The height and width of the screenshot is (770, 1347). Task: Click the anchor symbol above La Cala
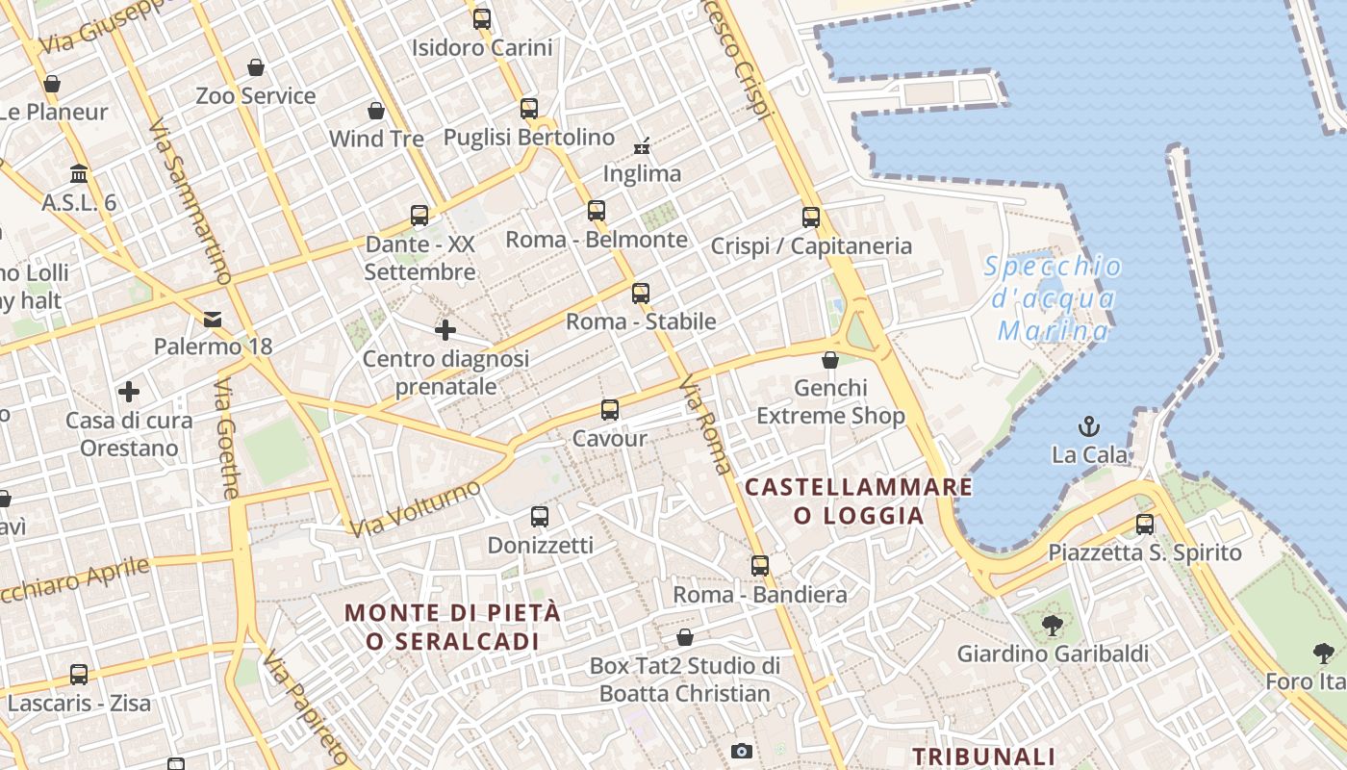(x=1089, y=425)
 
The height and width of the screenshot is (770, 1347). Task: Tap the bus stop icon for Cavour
(x=609, y=410)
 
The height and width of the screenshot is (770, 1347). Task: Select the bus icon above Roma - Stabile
(x=641, y=294)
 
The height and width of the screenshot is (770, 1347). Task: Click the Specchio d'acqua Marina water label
(x=1054, y=298)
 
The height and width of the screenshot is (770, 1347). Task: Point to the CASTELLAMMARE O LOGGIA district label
(x=859, y=500)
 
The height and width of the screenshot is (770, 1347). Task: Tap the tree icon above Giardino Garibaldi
(x=1052, y=626)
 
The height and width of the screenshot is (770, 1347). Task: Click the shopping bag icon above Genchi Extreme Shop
(x=830, y=360)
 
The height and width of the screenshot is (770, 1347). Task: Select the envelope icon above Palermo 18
(x=213, y=319)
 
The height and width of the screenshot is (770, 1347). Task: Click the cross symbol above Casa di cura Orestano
(x=129, y=392)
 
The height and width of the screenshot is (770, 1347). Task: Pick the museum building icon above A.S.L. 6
(x=79, y=174)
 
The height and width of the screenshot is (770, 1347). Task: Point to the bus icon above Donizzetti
(x=540, y=517)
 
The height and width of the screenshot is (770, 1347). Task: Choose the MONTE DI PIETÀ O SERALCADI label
(x=452, y=627)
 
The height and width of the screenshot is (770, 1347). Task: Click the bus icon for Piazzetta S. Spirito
(x=1145, y=525)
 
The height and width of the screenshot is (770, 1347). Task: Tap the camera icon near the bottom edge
(x=741, y=751)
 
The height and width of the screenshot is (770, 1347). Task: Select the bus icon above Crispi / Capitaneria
(x=811, y=218)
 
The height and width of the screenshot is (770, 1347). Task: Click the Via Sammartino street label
(x=191, y=202)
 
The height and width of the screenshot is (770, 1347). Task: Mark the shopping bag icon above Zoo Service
(x=256, y=67)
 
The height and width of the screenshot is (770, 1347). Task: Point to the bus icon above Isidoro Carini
(x=482, y=19)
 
